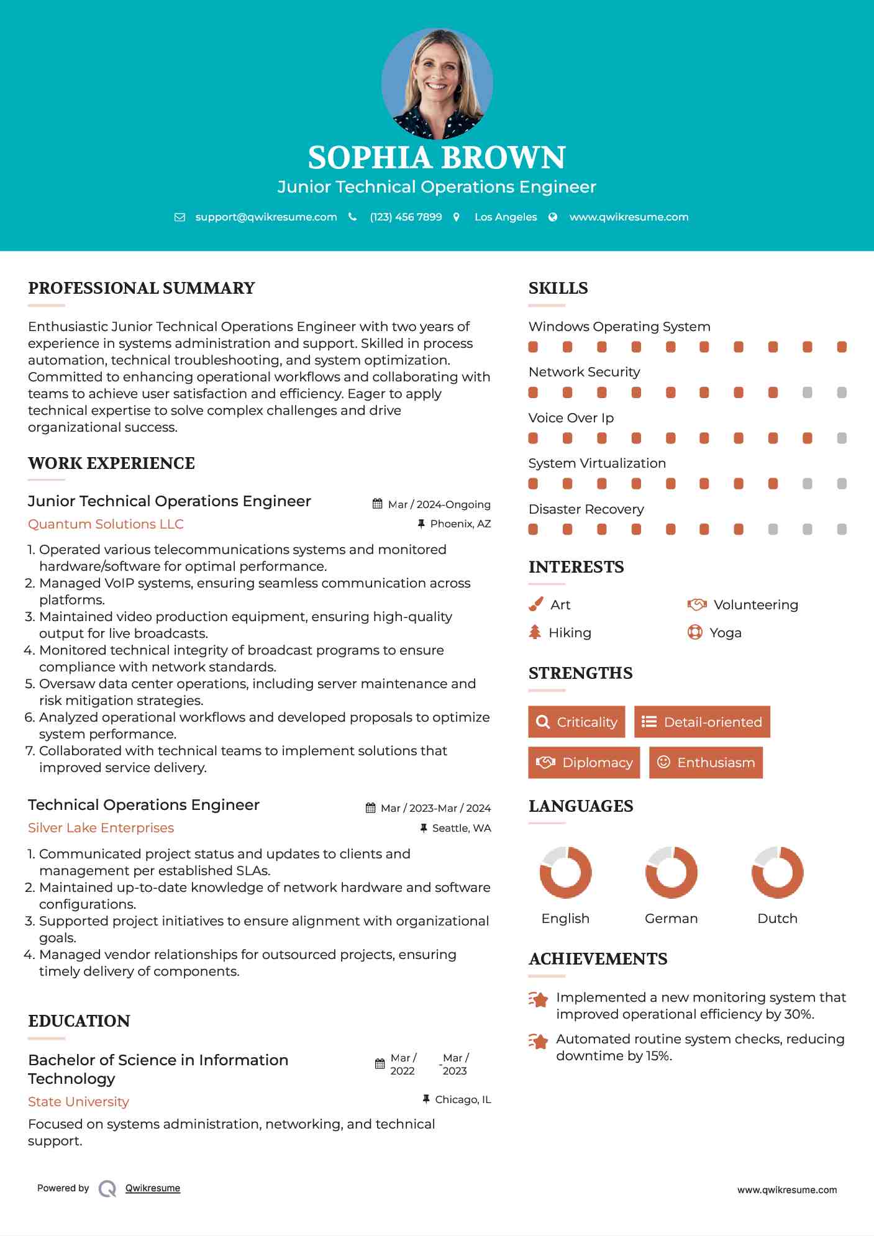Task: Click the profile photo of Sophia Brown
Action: tap(437, 83)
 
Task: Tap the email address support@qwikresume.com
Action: tap(266, 217)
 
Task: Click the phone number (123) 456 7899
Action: tap(406, 217)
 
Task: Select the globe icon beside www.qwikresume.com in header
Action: tap(553, 217)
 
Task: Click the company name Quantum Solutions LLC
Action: tap(106, 524)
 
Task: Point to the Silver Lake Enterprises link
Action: tap(101, 828)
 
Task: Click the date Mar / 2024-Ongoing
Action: tap(439, 504)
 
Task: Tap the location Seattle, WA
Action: tap(461, 828)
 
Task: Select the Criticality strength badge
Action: tap(576, 722)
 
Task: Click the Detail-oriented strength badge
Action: tap(702, 722)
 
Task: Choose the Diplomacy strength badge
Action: tap(584, 763)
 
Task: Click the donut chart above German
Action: tap(671, 872)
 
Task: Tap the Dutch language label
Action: tap(777, 919)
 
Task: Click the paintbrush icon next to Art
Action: tap(535, 604)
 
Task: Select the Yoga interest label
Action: tap(726, 633)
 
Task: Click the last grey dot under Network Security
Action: tap(842, 393)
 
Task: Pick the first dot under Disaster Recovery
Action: tap(533, 529)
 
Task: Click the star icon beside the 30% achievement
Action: tap(539, 999)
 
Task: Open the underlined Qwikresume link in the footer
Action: tap(153, 1188)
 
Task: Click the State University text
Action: tap(78, 1102)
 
